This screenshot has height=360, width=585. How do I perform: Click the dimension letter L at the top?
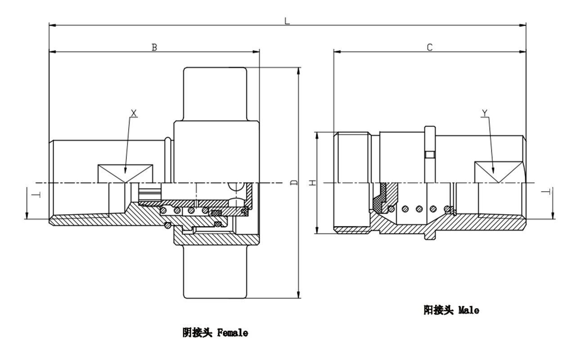pos(287,21)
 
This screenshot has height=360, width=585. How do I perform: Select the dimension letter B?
pos(154,47)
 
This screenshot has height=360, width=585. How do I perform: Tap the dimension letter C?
pos(430,47)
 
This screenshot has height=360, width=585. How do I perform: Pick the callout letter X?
pos(134,112)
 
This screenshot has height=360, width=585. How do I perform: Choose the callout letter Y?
pos(485,112)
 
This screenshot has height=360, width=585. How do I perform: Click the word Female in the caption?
pos(233,333)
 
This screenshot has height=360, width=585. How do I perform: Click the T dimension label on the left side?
pos(38,194)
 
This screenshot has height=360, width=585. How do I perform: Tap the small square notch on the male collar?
pos(430,155)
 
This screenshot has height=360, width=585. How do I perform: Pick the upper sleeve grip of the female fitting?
pos(215,94)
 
